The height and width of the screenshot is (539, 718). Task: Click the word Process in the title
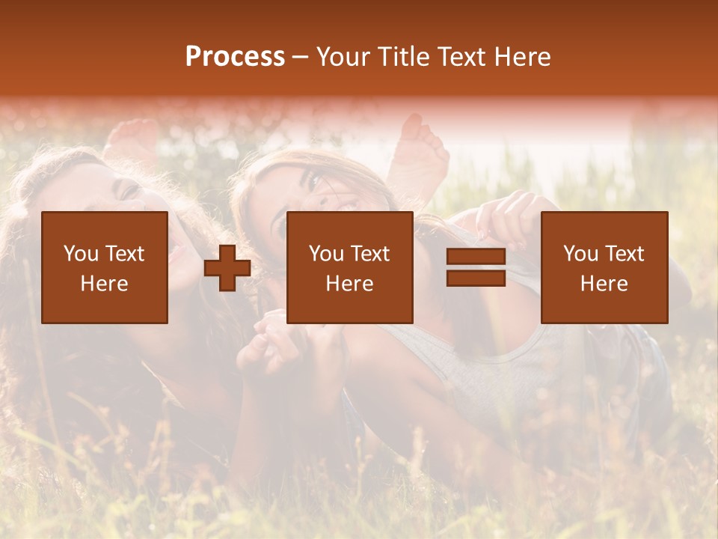pos(235,57)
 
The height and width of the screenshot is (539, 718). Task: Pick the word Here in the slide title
pos(524,57)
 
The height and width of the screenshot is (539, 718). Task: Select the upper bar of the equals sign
pos(476,256)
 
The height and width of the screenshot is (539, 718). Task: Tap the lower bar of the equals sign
pos(476,278)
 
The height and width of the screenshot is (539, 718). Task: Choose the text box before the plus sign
pos(105,267)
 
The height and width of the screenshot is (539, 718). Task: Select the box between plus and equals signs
pos(350,267)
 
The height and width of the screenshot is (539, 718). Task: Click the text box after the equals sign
pos(604,267)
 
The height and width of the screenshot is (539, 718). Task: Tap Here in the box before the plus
pos(105,284)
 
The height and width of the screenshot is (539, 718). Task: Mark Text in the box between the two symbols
pos(371,254)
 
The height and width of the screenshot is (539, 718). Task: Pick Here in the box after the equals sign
pos(604,284)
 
